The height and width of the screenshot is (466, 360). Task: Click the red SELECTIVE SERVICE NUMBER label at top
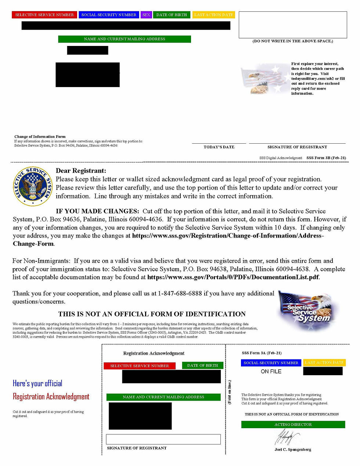tap(44, 15)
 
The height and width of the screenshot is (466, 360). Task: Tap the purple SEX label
tap(146, 15)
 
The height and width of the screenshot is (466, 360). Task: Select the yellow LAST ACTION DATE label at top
tap(214, 15)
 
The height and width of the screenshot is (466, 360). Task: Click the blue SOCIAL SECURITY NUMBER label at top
tap(109, 15)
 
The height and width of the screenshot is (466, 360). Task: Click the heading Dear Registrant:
tap(81, 171)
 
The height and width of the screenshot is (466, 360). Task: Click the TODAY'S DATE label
tap(219, 147)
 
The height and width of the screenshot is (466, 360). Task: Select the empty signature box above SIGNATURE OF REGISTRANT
tap(163, 439)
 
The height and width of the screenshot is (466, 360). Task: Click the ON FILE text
tap(271, 372)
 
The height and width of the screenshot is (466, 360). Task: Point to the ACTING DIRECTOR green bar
tap(293, 424)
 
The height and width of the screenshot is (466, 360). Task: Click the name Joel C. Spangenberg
tap(293, 449)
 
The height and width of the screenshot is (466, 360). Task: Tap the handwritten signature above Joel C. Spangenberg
tap(287, 438)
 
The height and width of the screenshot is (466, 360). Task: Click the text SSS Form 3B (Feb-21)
tap(326, 158)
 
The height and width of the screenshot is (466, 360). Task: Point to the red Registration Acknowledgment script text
tap(51, 397)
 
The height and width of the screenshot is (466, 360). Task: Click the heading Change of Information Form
tap(40, 136)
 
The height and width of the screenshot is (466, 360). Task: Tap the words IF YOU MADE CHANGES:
tap(97, 211)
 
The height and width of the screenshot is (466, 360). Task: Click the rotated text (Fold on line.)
tap(230, 392)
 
